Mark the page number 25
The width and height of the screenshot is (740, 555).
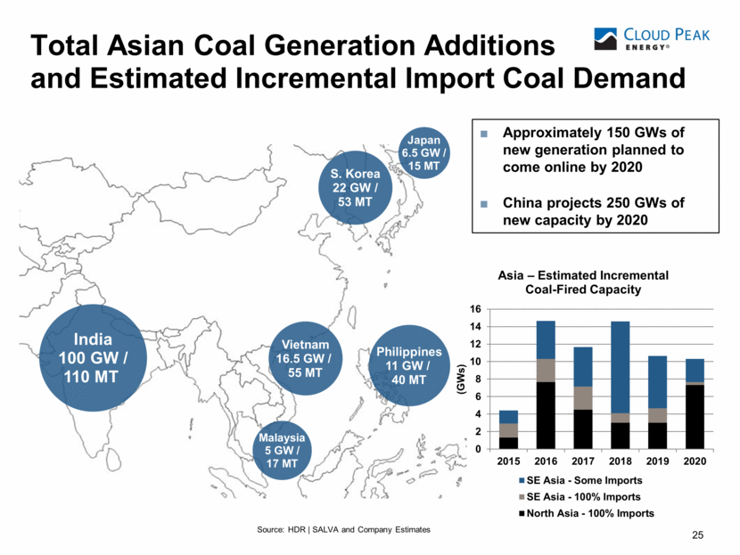pos(698,535)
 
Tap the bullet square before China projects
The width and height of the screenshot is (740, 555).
pos(484,203)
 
